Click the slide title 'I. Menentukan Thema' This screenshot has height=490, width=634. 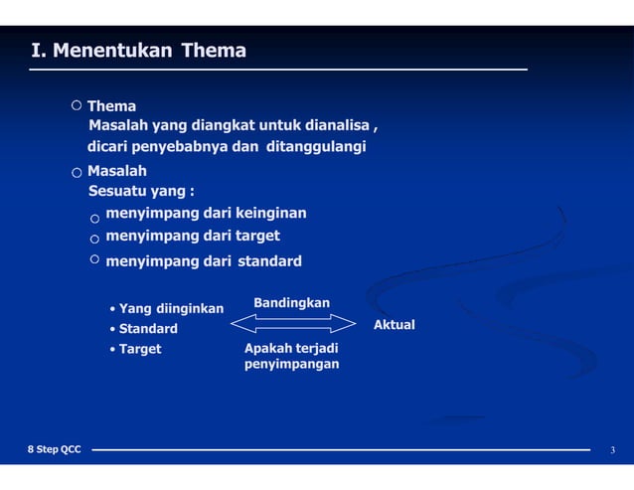[139, 51]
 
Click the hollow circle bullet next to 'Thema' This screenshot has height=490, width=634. [77, 104]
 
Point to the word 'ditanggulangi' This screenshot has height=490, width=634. [316, 147]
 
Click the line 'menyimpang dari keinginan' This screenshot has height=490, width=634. [206, 213]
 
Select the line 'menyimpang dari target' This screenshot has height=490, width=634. [193, 236]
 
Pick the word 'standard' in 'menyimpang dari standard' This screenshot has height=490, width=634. [269, 261]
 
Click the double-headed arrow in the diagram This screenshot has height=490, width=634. [292, 323]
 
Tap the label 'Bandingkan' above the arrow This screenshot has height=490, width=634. [292, 302]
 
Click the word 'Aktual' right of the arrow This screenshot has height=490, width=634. [394, 325]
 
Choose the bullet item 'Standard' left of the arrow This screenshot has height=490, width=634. [148, 329]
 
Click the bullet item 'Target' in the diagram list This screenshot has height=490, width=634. [140, 349]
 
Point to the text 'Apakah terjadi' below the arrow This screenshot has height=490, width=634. [291, 349]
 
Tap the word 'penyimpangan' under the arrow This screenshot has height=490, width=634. [291, 365]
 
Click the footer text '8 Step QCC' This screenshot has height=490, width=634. [55, 450]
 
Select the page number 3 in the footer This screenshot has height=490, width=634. [612, 451]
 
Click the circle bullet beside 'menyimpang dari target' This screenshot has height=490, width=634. [94, 239]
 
